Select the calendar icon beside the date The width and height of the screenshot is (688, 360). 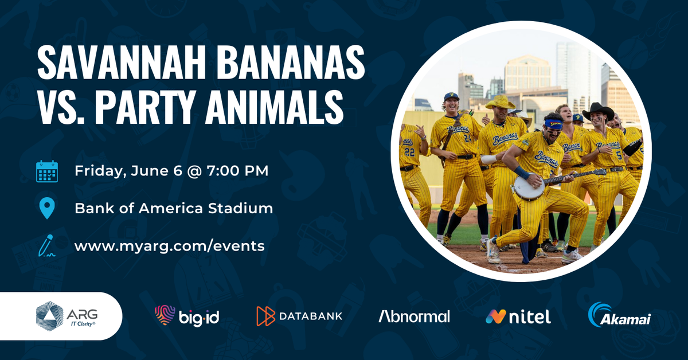pos(47,171)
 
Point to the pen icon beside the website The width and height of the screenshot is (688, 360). pos(46,245)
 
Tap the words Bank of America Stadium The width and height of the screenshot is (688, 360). pos(174,208)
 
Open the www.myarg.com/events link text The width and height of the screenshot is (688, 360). pos(169,246)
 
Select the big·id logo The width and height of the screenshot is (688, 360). pos(187,316)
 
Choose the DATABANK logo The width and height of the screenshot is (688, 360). pos(299,316)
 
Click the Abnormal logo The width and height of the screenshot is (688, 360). pos(414,316)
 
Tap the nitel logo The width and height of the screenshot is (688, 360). pos(518,316)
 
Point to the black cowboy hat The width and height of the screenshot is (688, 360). pos(598,111)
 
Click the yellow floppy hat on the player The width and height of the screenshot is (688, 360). pos(501,103)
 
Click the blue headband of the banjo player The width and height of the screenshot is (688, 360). pos(553,122)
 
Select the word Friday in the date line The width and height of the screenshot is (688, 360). pos(95,171)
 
